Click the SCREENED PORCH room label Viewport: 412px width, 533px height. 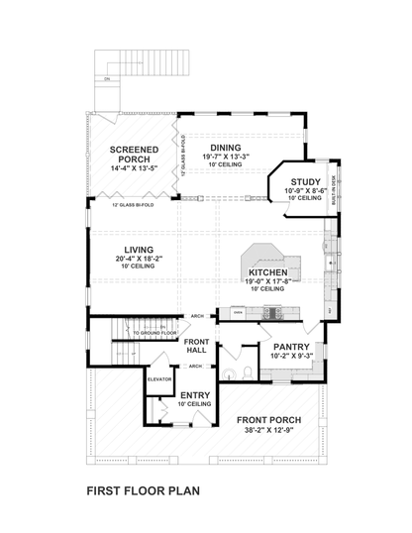(x=133, y=154)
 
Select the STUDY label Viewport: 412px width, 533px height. (x=305, y=180)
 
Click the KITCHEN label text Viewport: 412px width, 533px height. (x=267, y=270)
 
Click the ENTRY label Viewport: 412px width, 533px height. (x=194, y=394)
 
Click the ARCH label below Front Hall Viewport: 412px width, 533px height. (x=196, y=365)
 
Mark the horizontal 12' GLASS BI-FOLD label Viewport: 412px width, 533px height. (x=132, y=205)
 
